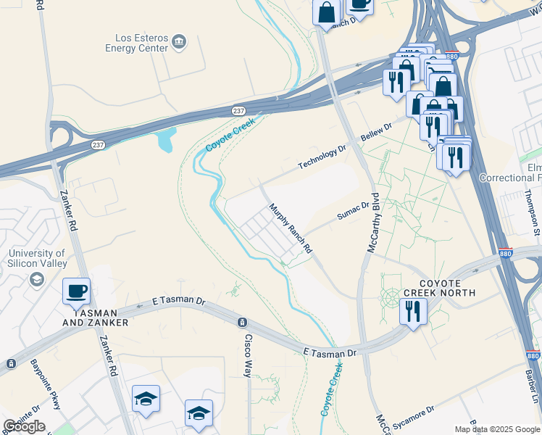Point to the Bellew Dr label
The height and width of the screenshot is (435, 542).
coord(376,133)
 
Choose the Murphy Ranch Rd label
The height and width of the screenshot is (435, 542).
coord(290,228)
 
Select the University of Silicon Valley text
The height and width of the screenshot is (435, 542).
coord(37,259)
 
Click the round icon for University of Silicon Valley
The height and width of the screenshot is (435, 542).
coord(37,279)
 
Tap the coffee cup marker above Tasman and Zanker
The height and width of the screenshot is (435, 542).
coord(77,291)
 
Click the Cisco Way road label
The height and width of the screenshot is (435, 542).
coord(248,355)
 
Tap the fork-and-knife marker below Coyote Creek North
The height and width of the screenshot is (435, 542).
coord(413,312)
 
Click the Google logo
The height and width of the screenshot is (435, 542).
coord(24,426)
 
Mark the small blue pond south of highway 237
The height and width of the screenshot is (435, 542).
coord(163,139)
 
